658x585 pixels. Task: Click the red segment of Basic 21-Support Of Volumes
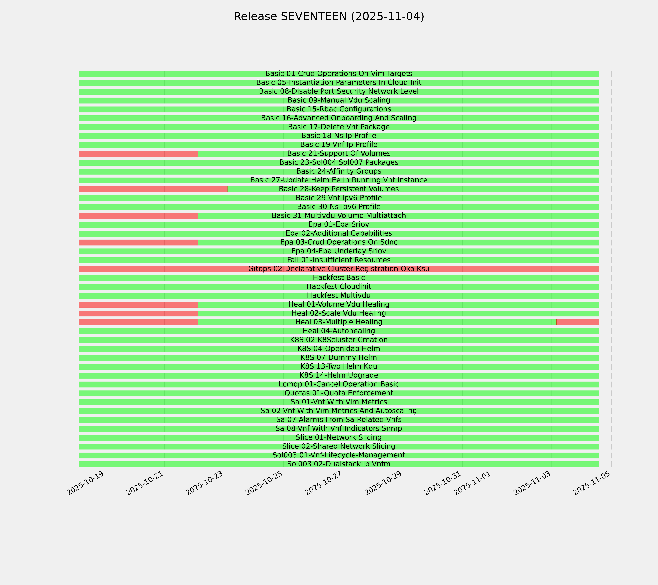pos(138,154)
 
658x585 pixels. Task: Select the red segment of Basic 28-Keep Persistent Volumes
pos(153,189)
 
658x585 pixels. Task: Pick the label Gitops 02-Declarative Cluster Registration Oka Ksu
pos(339,269)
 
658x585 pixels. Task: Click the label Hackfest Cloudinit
pos(339,287)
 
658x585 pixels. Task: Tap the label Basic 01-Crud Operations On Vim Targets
pos(339,74)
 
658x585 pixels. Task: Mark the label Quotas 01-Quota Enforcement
pos(339,393)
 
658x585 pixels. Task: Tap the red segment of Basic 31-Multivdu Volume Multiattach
pos(138,216)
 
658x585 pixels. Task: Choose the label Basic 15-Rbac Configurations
pos(339,109)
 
